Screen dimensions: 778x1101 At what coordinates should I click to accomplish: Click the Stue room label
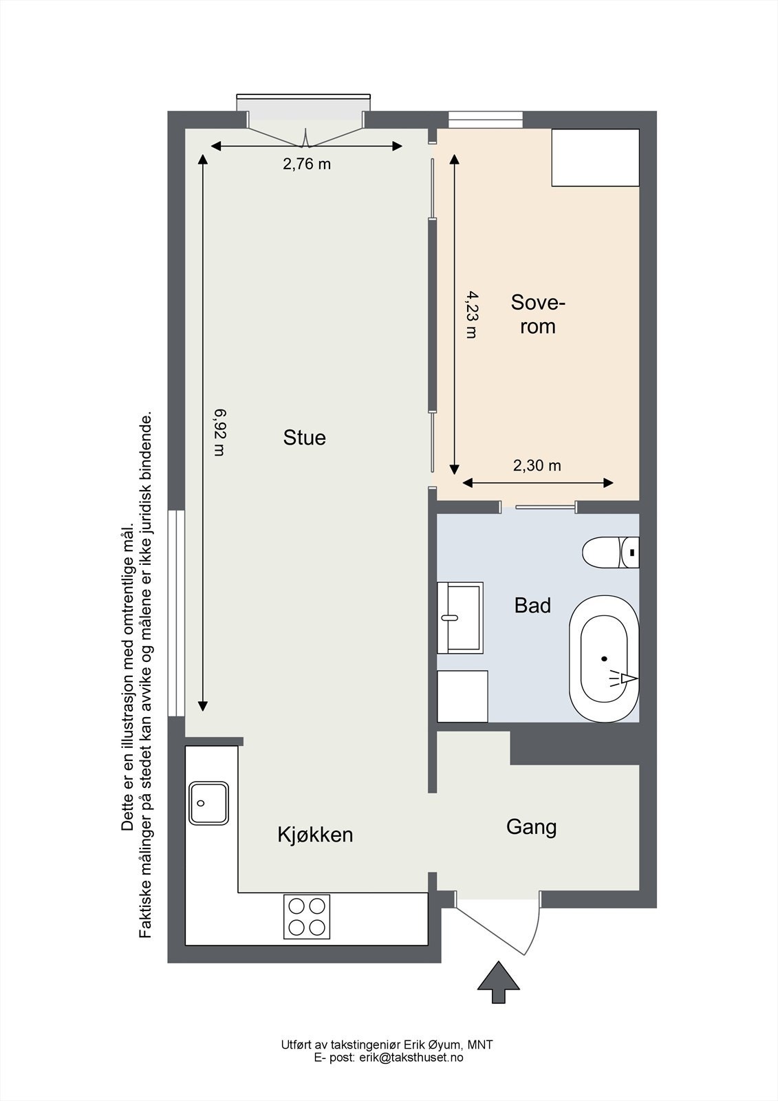coord(304,438)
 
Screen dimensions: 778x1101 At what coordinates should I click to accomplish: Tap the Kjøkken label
coord(315,834)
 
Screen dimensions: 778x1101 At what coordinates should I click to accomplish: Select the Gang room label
coord(531,827)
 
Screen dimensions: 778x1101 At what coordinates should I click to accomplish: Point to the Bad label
coord(532,605)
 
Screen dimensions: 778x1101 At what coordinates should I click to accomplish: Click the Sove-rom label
coord(538,314)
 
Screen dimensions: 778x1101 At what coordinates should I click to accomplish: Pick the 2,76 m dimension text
coord(307,164)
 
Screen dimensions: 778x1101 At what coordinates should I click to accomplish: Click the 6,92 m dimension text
coord(219,433)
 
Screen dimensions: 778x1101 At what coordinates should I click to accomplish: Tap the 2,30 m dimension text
coord(537,465)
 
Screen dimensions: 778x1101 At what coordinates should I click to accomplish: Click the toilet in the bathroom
coord(610,553)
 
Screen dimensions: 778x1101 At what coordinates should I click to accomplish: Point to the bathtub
coord(604,659)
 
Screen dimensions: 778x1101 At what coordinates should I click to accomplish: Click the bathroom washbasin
coord(460,618)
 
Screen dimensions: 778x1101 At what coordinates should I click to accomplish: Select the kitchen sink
coord(209,803)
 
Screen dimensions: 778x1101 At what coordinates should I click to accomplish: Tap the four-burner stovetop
coord(307,917)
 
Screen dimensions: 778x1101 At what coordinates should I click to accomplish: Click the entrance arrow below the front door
coord(499,981)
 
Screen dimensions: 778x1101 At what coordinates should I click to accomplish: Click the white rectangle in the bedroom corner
coord(595,158)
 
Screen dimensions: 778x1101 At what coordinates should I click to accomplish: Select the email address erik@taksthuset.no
coord(411,1057)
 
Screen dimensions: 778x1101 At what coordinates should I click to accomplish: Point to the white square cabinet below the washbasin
coord(462,696)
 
